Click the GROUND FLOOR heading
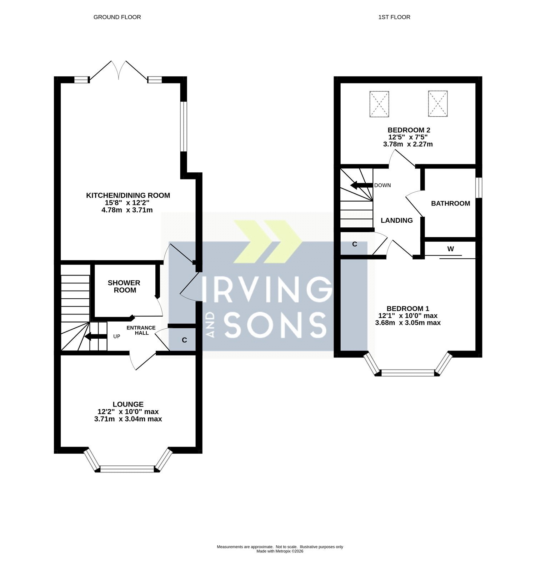pyautogui.click(x=117, y=17)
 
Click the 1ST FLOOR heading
pyautogui.click(x=394, y=17)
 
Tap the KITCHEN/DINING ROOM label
pyautogui.click(x=128, y=196)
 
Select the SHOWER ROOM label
pyautogui.click(x=124, y=287)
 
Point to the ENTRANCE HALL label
pyautogui.click(x=141, y=330)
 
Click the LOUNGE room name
pyautogui.click(x=128, y=404)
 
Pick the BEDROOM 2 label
pyautogui.click(x=409, y=130)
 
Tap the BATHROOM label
pyautogui.click(x=451, y=203)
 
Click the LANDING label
pyautogui.click(x=397, y=221)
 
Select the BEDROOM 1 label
pyautogui.click(x=408, y=309)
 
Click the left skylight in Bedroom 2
pyautogui.click(x=379, y=104)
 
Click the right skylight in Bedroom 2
pyautogui.click(x=438, y=103)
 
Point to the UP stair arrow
pyautogui.click(x=96, y=337)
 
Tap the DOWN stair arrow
pyautogui.click(x=361, y=186)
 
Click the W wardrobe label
pyautogui.click(x=451, y=249)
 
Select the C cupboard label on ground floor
pyautogui.click(x=184, y=340)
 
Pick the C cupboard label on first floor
pyautogui.click(x=355, y=244)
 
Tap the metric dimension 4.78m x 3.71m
pyautogui.click(x=127, y=210)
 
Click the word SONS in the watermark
pyautogui.click(x=275, y=325)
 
